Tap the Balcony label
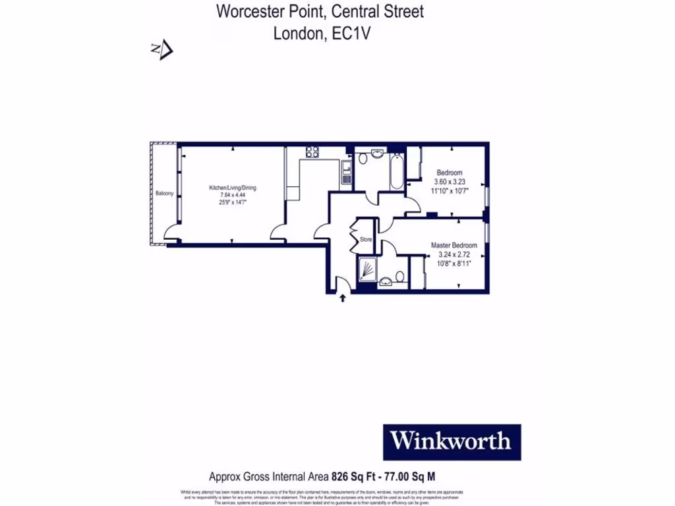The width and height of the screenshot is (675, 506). pos(164,193)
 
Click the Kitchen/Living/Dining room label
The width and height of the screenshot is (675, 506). pos(233,188)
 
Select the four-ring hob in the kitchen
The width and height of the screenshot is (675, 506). pos(312,152)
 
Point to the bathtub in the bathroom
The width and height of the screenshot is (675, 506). pos(397,171)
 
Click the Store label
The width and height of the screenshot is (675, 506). pos(366,240)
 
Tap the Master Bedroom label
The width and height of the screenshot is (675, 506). pos(454,246)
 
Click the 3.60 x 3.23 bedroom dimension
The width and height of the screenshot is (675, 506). pos(450,182)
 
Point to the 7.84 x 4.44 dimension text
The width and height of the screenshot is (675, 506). pos(233,195)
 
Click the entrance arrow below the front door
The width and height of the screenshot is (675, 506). pos(343,299)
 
